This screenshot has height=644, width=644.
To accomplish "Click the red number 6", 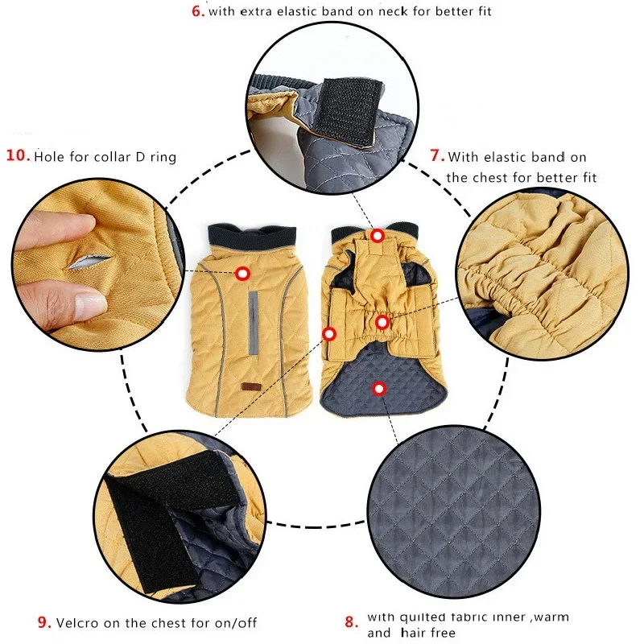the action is (197, 11).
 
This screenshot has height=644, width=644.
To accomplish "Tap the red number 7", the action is (437, 155).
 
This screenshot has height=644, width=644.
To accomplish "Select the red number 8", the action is (351, 621).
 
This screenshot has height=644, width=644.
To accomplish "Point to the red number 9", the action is (44, 622).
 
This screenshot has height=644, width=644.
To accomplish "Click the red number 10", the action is (18, 155).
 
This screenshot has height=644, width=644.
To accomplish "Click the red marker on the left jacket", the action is (243, 273).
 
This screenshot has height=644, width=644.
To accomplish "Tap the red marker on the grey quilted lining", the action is (379, 389).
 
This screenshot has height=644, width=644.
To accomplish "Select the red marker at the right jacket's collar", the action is (378, 236).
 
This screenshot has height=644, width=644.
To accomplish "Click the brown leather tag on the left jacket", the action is (248, 386).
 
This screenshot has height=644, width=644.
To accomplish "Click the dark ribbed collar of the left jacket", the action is (252, 237).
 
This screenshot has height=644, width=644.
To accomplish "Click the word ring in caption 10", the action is (163, 158).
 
